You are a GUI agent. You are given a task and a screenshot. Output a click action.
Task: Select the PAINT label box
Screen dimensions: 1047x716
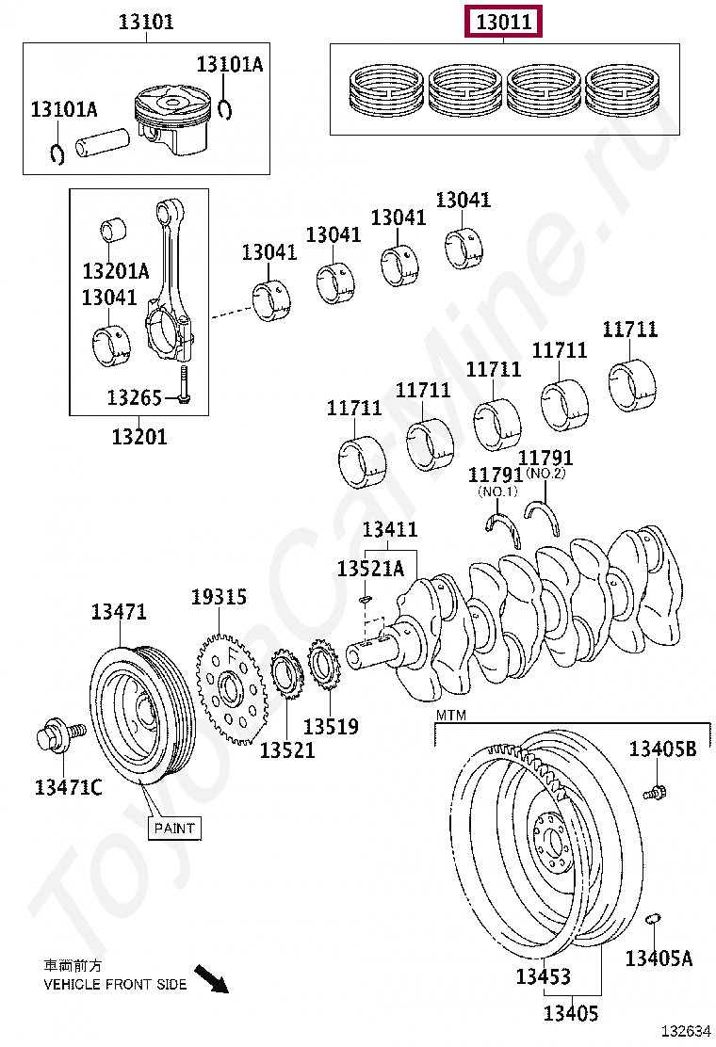pyautogui.click(x=174, y=828)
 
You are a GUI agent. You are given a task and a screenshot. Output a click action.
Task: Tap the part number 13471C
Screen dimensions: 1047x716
pyautogui.click(x=68, y=787)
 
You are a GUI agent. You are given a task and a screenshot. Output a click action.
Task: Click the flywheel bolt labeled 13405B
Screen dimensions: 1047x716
pyautogui.click(x=655, y=792)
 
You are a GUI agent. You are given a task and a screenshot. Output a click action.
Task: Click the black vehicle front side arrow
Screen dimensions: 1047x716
pyautogui.click(x=212, y=978)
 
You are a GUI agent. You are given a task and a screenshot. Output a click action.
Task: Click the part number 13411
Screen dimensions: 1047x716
pyautogui.click(x=389, y=530)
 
